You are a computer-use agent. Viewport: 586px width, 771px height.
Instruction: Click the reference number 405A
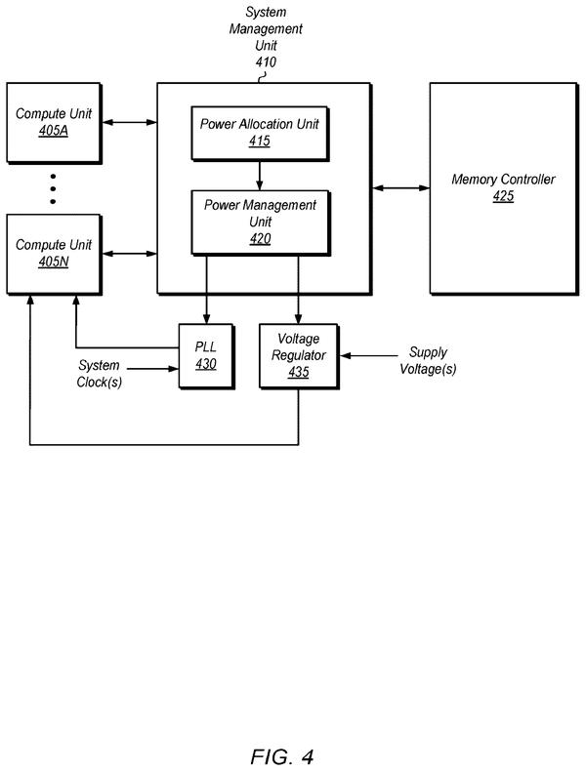pyautogui.click(x=53, y=132)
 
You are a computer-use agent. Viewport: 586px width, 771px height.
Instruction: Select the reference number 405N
pyautogui.click(x=53, y=262)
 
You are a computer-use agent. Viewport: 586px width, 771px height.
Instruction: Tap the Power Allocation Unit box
pyautogui.click(x=260, y=134)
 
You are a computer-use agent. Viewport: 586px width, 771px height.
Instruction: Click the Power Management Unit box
pyautogui.click(x=260, y=223)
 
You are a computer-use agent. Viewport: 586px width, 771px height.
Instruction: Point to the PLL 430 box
pyautogui.click(x=206, y=356)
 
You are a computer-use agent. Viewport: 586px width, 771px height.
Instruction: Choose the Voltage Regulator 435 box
pyautogui.click(x=299, y=356)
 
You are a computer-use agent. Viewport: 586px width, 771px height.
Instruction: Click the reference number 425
pyautogui.click(x=503, y=196)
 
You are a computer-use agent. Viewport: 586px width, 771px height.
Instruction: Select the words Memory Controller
pyautogui.click(x=503, y=180)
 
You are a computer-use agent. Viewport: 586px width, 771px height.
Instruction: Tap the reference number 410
pyautogui.click(x=266, y=61)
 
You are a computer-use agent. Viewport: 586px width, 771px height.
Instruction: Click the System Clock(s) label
pyautogui.click(x=100, y=373)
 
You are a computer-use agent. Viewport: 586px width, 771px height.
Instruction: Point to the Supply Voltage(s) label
pyautogui.click(x=428, y=360)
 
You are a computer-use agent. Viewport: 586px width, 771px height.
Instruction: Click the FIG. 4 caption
pyautogui.click(x=282, y=756)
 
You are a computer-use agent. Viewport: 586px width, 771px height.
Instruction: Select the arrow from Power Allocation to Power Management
pyautogui.click(x=259, y=176)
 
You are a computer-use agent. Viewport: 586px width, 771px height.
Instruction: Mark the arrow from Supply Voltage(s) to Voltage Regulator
pyautogui.click(x=369, y=355)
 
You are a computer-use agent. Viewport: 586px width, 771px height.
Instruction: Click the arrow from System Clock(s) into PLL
pyautogui.click(x=152, y=368)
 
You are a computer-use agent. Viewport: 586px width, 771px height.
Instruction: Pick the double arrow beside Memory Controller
pyautogui.click(x=400, y=187)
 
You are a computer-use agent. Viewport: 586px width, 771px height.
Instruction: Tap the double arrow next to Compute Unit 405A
pyautogui.click(x=129, y=122)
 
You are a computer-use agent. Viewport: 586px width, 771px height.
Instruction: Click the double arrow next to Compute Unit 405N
pyautogui.click(x=129, y=254)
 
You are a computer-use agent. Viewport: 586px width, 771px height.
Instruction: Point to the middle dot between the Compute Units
pyautogui.click(x=53, y=188)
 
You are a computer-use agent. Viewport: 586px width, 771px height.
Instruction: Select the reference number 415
pyautogui.click(x=259, y=142)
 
